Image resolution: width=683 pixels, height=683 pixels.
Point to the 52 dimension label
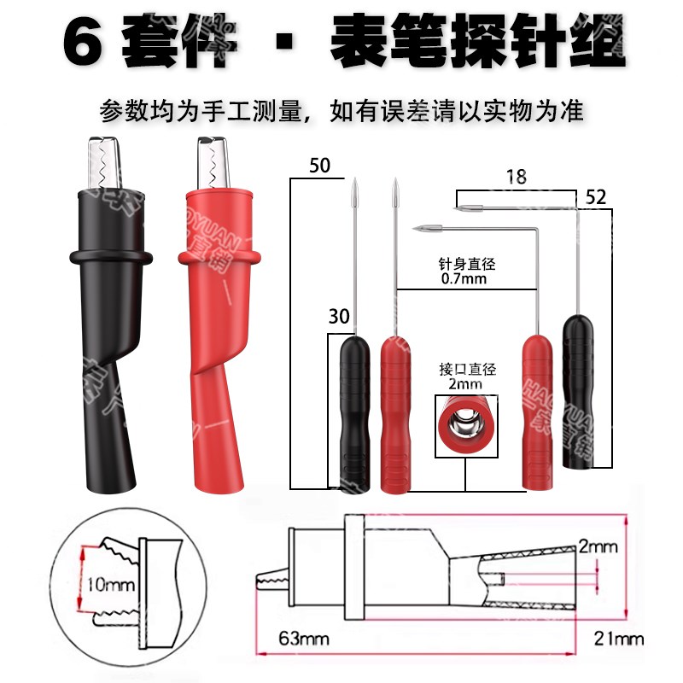click(x=596, y=197)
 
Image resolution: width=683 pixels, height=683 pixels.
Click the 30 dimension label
click(x=339, y=317)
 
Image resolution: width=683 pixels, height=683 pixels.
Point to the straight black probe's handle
click(x=353, y=410)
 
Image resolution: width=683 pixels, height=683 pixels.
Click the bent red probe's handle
click(x=538, y=410)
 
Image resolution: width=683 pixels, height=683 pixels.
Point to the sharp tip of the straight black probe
click(x=353, y=183)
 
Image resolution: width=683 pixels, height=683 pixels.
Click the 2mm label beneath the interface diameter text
click(x=463, y=386)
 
